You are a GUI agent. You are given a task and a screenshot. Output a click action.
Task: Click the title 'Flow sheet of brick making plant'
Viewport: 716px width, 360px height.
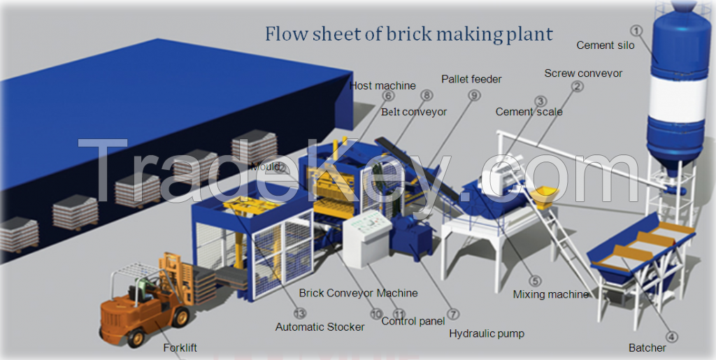click(x=408, y=34)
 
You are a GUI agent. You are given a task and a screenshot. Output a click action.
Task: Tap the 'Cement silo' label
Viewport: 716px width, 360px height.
click(x=606, y=45)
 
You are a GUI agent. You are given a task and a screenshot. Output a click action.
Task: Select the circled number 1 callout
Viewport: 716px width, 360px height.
click(x=636, y=30)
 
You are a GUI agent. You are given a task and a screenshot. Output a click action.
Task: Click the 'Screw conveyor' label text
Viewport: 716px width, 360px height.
click(x=583, y=73)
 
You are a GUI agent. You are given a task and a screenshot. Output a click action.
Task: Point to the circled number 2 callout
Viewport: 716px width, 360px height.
click(x=577, y=87)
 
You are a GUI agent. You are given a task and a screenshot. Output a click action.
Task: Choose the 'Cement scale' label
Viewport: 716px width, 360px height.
click(x=529, y=112)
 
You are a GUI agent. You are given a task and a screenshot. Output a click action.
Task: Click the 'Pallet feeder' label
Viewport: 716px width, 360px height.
click(x=471, y=79)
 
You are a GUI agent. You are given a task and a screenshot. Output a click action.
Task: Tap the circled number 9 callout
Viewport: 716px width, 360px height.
click(x=475, y=96)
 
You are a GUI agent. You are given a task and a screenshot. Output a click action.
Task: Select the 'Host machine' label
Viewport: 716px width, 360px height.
click(x=382, y=86)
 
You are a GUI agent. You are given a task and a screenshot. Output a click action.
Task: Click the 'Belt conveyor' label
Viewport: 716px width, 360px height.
click(x=414, y=111)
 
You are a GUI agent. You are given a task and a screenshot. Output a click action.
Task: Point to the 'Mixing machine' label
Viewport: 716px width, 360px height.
click(x=550, y=294)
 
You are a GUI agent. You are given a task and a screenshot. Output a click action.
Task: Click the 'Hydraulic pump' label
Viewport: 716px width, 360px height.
click(x=487, y=333)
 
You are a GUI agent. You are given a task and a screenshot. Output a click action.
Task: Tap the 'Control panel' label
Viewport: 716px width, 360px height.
click(x=413, y=322)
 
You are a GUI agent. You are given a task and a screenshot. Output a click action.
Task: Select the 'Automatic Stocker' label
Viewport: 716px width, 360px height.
click(x=320, y=326)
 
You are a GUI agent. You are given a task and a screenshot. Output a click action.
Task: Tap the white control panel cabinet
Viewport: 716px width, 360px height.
click(x=364, y=238)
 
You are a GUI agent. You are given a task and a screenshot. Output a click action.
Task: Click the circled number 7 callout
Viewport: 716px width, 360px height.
click(x=453, y=314)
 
